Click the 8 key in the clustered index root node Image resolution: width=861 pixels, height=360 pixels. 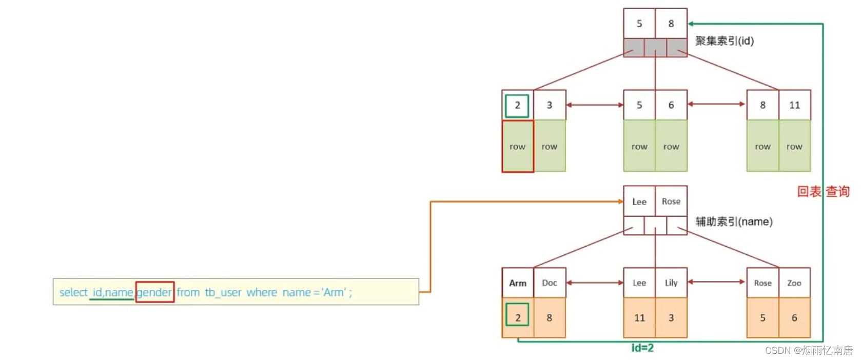point(671,24)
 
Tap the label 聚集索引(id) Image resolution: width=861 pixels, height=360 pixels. point(724,41)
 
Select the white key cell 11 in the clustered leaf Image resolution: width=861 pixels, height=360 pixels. point(794,105)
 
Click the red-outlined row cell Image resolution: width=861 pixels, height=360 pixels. point(517,147)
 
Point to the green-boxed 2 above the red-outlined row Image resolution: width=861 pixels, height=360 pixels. point(517,106)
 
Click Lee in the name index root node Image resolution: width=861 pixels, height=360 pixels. point(639,202)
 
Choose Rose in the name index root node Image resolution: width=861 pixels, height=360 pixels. point(671,202)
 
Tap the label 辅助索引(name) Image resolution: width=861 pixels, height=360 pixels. point(734,222)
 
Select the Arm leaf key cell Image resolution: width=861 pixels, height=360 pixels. point(517,283)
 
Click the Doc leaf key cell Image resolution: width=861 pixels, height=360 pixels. point(549,283)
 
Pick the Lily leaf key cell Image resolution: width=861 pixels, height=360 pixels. point(671,283)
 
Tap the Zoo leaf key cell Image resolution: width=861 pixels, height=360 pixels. point(794,283)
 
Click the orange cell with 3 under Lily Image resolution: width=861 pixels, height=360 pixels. point(671,318)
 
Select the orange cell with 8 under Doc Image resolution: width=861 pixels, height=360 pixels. point(549,318)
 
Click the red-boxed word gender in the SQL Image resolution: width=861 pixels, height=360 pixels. point(154,292)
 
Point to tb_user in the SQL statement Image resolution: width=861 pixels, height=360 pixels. point(223,292)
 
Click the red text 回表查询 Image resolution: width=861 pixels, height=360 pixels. point(823,192)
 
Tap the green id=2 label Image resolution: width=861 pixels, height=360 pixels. point(642,348)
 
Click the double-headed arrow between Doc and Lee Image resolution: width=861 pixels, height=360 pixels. point(594,283)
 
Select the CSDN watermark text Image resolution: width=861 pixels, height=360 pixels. point(809,350)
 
